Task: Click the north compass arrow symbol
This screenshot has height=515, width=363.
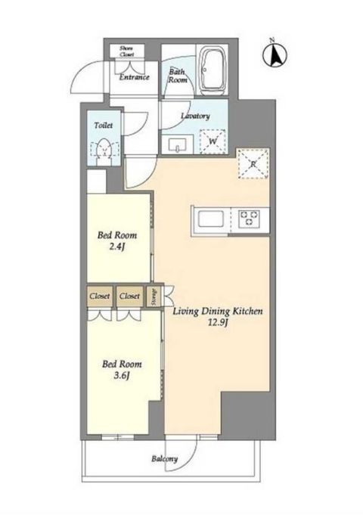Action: click(275, 54)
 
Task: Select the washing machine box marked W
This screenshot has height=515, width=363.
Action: click(213, 141)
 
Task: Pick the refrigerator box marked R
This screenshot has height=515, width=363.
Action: click(253, 163)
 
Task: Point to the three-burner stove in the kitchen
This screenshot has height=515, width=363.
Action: click(249, 218)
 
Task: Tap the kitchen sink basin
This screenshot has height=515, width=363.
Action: click(210, 219)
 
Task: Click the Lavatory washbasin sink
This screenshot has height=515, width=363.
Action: click(178, 144)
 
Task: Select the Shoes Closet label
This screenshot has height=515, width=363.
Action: click(126, 51)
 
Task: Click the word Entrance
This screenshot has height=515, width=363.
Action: click(134, 77)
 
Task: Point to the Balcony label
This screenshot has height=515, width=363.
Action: click(165, 459)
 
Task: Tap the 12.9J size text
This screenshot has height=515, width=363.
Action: click(218, 322)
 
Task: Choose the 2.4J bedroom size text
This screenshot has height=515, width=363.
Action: click(117, 247)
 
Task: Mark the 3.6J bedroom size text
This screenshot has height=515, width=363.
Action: click(122, 375)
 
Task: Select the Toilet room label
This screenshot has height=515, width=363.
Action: click(103, 125)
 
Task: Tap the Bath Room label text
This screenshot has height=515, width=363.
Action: click(178, 76)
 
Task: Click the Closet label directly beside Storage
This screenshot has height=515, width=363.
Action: click(129, 296)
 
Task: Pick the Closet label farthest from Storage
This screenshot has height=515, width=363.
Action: click(100, 296)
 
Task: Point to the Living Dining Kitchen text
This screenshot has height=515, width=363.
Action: click(218, 311)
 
